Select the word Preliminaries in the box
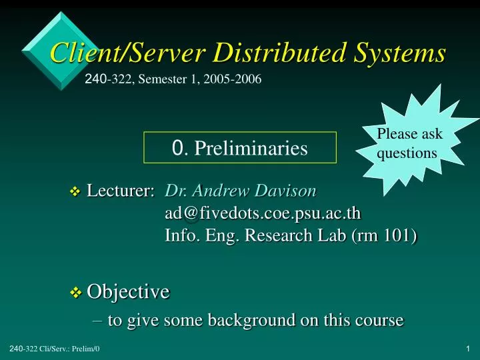coord(251,148)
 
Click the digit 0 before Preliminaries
coord(177,148)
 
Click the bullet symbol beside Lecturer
coord(75,193)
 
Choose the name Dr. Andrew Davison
coord(241,191)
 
